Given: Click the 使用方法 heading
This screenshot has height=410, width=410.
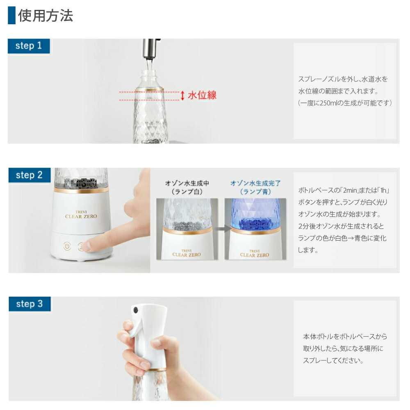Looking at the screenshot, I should pyautogui.click(x=45, y=16).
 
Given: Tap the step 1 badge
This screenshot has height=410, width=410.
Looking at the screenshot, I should pyautogui.click(x=29, y=46).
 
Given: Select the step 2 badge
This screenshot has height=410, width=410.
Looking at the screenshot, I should pyautogui.click(x=29, y=175).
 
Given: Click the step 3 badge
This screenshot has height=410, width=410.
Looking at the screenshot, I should pyautogui.click(x=29, y=304).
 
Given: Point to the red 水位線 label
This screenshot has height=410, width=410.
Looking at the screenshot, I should pyautogui.click(x=202, y=96).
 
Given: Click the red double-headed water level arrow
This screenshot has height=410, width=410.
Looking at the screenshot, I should pyautogui.click(x=182, y=96).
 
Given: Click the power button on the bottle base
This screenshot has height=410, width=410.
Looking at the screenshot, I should pyautogui.click(x=67, y=246).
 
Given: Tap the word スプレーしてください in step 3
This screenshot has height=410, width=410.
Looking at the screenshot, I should pyautogui.click(x=333, y=361).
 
